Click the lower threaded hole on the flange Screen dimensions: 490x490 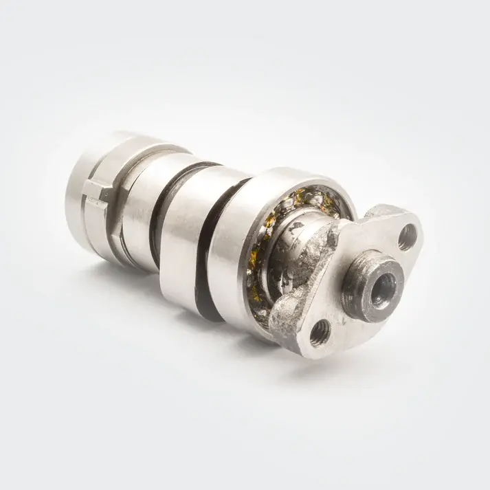[x=318, y=334]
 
